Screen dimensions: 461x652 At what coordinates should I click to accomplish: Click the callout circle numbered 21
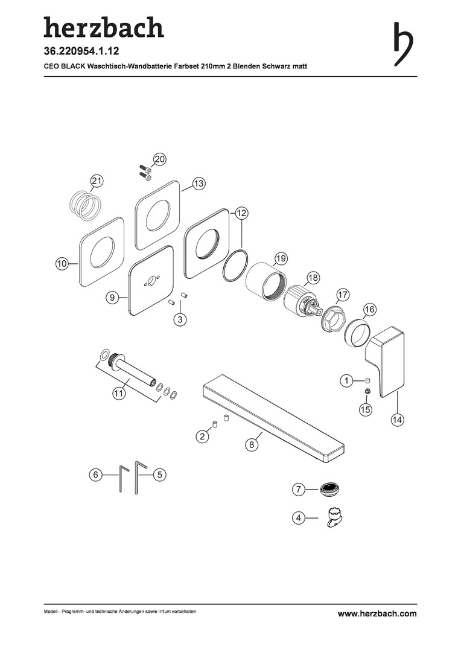(97, 181)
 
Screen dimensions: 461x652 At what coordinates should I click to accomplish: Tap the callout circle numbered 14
(397, 420)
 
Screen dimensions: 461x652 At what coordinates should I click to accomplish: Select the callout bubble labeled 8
(251, 445)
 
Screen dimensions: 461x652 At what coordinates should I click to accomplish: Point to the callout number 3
(180, 319)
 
